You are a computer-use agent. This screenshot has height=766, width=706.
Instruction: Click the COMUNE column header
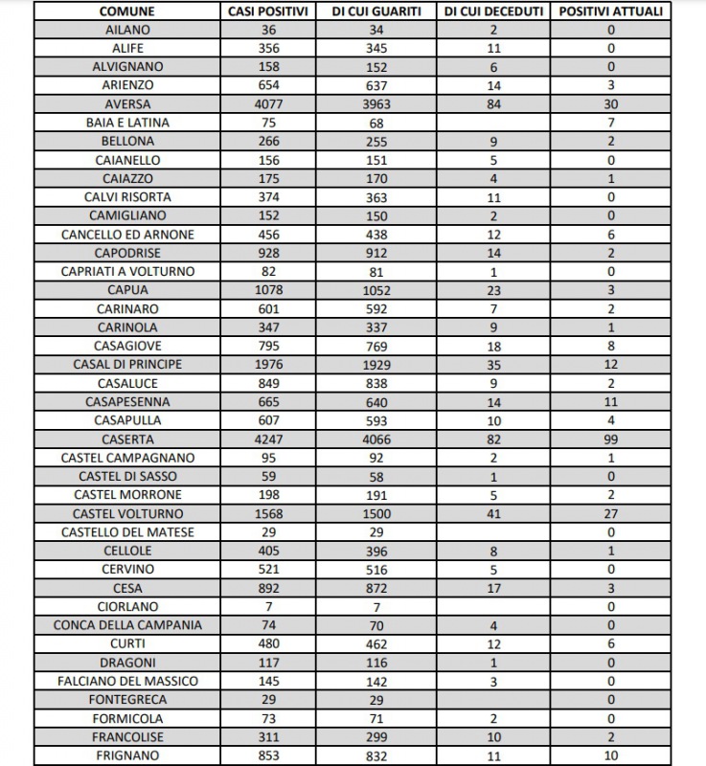click(127, 11)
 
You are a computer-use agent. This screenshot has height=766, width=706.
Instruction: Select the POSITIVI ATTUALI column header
click(610, 11)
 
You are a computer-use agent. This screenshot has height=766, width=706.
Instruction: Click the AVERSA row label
click(127, 104)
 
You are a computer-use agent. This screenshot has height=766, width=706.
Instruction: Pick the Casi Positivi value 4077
click(269, 104)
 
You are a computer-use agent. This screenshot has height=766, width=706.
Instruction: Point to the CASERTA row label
click(127, 439)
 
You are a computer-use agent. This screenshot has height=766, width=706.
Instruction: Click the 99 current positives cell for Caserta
click(610, 439)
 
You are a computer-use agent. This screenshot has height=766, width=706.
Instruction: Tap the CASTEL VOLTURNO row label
click(127, 514)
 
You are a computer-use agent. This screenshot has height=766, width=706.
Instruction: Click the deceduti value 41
click(494, 514)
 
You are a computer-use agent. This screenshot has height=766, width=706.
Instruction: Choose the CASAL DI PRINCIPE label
click(127, 365)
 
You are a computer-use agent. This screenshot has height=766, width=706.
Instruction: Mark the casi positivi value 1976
click(269, 365)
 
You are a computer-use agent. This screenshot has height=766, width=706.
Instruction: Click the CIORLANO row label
click(127, 607)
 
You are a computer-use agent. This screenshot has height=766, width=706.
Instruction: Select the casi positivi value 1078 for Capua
click(269, 290)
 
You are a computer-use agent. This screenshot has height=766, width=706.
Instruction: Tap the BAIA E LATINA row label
click(127, 123)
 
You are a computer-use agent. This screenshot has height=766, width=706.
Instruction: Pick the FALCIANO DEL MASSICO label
click(127, 682)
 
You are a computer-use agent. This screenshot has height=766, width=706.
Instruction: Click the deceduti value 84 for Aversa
click(494, 104)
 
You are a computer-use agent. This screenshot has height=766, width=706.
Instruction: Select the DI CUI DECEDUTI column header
click(494, 11)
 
